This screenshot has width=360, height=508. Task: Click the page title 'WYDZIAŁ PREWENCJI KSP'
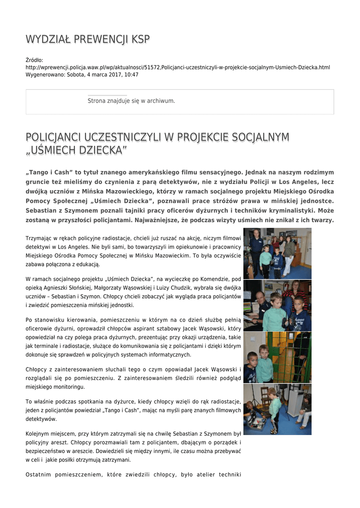(87, 40)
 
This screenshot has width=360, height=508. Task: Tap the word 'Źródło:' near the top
(34, 60)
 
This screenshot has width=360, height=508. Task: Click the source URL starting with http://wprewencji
(178, 67)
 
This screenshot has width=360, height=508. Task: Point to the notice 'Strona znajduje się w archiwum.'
(131, 101)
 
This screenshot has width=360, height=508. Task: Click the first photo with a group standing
(277, 253)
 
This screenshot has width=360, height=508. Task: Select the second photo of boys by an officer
(277, 305)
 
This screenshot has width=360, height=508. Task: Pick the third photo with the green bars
(277, 357)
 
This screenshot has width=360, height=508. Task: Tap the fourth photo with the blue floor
(277, 409)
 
